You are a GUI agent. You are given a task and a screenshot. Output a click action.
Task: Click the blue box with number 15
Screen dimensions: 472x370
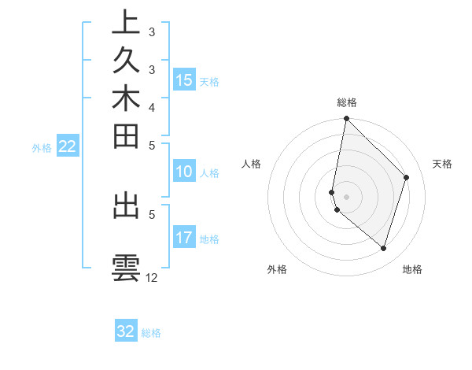(184, 80)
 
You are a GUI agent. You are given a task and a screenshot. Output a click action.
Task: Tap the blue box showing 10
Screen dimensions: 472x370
(184, 172)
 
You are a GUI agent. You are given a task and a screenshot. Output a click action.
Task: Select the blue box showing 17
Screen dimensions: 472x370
(184, 239)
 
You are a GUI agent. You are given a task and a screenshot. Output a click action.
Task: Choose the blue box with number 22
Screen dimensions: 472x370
(68, 146)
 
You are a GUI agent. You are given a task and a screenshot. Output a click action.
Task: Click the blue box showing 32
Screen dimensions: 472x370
(126, 331)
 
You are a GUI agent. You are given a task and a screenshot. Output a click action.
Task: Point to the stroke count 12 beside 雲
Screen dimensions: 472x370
(152, 278)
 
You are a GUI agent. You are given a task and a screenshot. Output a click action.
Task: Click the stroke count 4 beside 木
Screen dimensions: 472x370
(152, 107)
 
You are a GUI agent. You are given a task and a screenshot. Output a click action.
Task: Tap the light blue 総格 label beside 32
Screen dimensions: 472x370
(151, 333)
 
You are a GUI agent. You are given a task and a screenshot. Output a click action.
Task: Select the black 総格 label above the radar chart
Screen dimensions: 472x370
(347, 102)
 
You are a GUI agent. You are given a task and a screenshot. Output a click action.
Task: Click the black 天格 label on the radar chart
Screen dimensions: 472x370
(442, 164)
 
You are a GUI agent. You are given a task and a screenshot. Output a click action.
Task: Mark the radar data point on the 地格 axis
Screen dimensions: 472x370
(383, 249)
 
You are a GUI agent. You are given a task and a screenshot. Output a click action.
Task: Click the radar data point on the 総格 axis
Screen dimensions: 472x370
(346, 119)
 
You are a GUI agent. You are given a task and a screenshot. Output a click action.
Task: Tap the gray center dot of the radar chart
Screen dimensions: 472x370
(346, 196)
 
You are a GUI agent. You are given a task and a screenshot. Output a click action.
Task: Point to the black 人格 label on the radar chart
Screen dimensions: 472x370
(252, 164)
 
